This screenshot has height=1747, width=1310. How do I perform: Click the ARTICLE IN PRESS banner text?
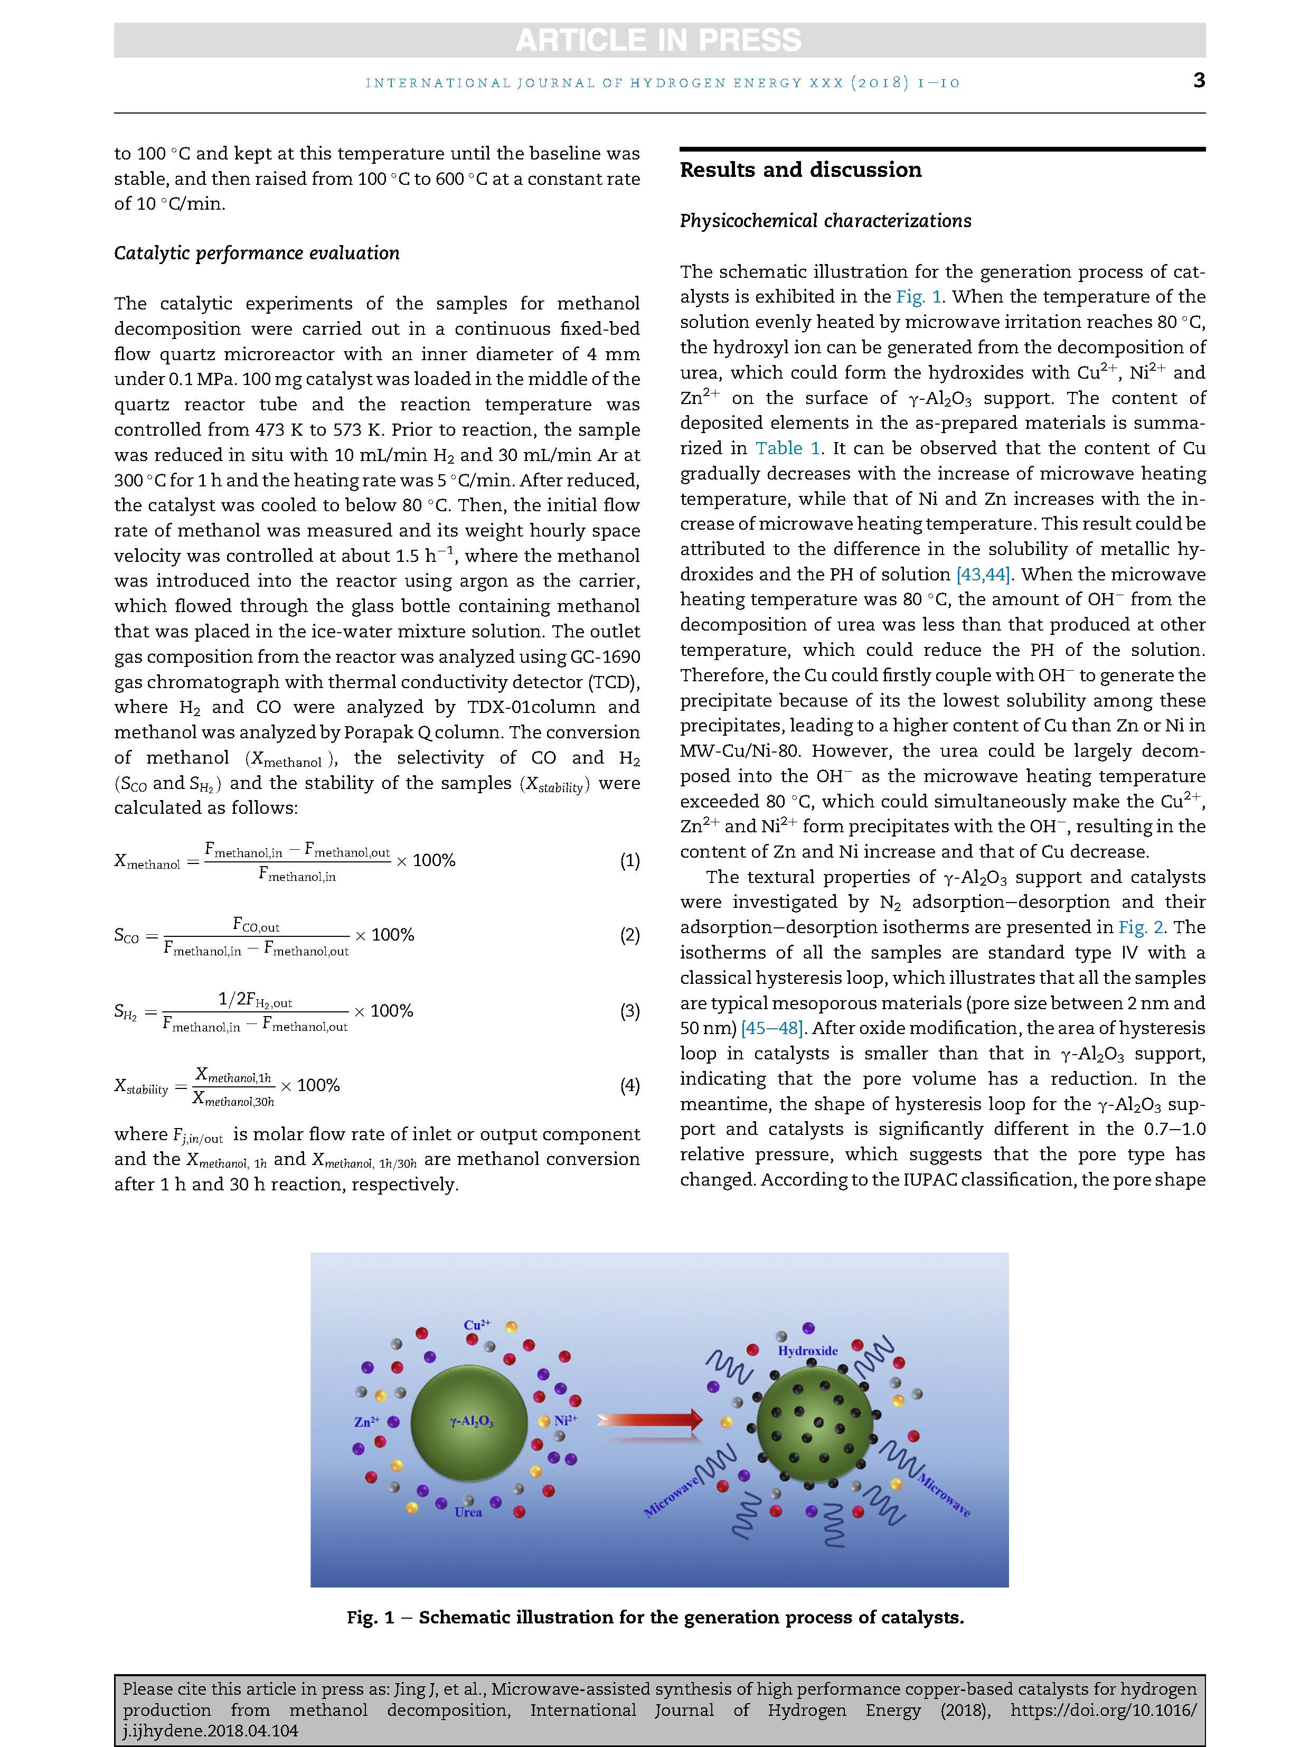(x=658, y=40)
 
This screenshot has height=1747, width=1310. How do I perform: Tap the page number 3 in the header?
(x=1199, y=81)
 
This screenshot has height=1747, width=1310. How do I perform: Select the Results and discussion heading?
(x=800, y=170)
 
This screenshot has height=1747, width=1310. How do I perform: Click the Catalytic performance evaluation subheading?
(x=257, y=253)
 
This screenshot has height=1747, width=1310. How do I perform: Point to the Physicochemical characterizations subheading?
(x=825, y=221)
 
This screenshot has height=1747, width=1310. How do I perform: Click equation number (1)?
(x=629, y=860)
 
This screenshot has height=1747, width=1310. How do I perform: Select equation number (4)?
(x=629, y=1085)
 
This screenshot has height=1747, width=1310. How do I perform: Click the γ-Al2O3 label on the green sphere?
(x=472, y=1422)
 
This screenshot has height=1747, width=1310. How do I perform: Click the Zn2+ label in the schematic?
(x=366, y=1422)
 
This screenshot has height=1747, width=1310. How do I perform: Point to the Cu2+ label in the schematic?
(x=477, y=1325)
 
